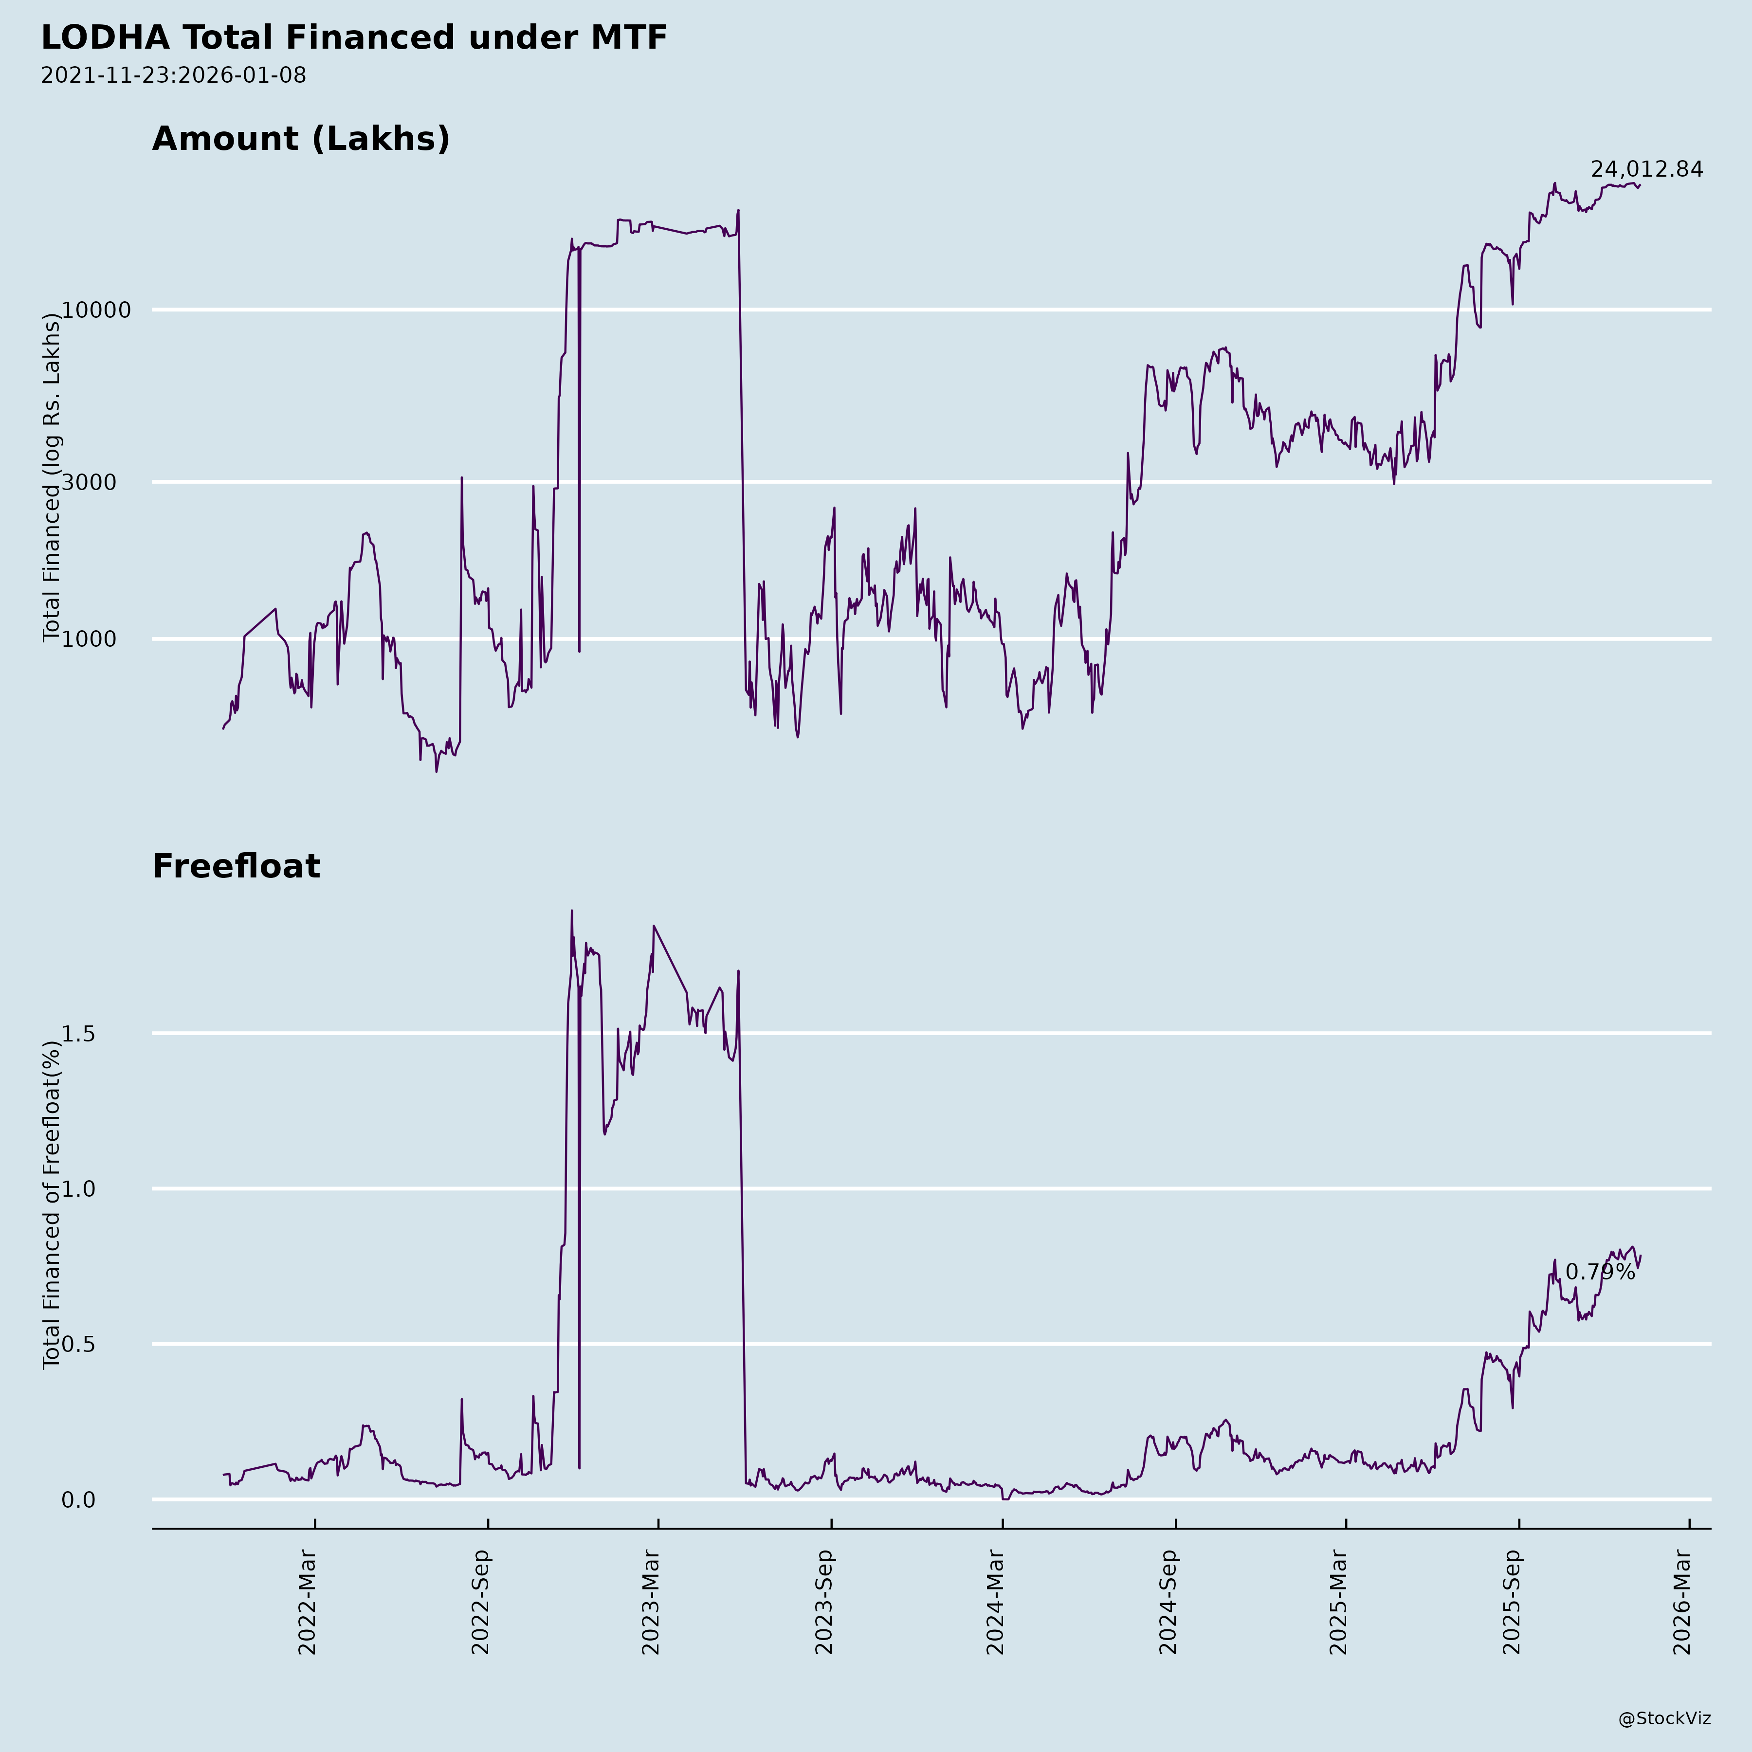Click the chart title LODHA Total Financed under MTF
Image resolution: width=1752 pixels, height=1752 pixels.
pyautogui.click(x=354, y=38)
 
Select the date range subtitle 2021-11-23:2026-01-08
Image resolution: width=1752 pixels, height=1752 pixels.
pyautogui.click(x=173, y=75)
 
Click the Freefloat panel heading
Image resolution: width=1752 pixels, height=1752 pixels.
pyautogui.click(x=236, y=866)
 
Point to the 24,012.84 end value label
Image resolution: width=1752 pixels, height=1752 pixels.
pyautogui.click(x=1646, y=169)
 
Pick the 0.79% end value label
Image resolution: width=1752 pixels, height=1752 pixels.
pyautogui.click(x=1600, y=1272)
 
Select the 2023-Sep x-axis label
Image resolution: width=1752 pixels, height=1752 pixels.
pyautogui.click(x=823, y=1603)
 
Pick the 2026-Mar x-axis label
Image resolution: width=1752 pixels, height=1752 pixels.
pyautogui.click(x=1683, y=1603)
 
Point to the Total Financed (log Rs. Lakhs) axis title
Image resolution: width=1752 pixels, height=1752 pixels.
pyautogui.click(x=52, y=478)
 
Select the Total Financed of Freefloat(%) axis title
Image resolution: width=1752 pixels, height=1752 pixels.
pyautogui.click(x=52, y=1205)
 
